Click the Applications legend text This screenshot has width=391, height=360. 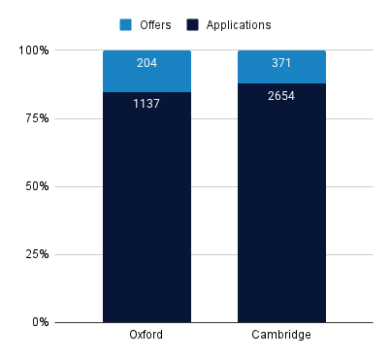[238, 24]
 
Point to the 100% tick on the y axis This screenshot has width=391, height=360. [39, 49]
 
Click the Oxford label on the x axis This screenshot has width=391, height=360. [147, 336]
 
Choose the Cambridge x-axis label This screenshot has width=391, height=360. [281, 336]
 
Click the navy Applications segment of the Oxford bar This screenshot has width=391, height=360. [147, 213]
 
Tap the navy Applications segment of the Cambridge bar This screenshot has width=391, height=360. [281, 213]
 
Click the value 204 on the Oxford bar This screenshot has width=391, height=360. [147, 62]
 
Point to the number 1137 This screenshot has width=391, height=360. [147, 103]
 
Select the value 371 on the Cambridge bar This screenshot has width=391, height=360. [281, 62]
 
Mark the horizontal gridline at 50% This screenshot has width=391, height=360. [213, 186]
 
